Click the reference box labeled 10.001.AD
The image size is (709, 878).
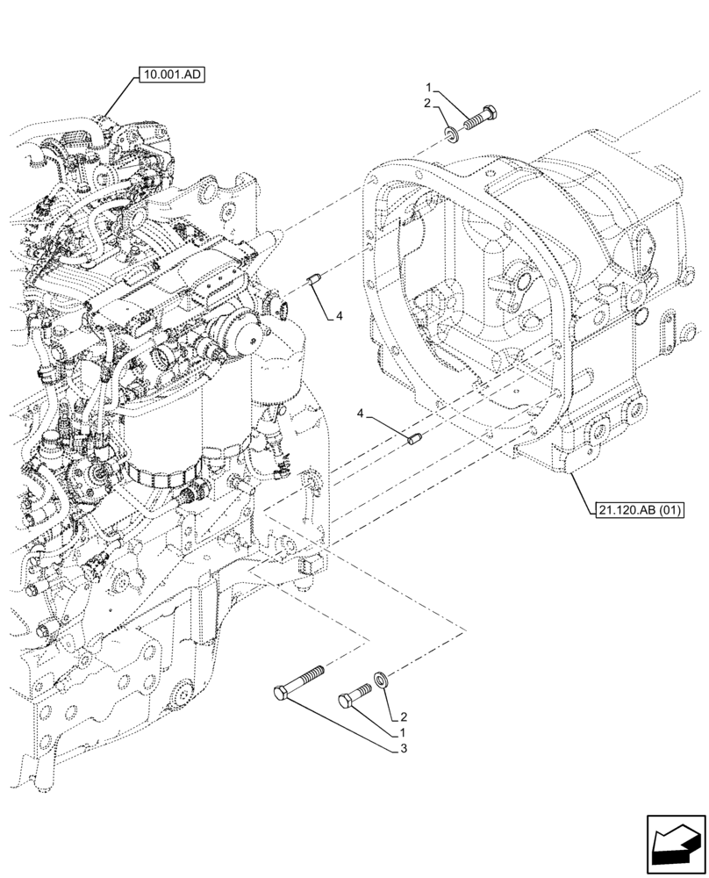[x=170, y=76]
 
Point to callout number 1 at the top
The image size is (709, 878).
[x=428, y=88]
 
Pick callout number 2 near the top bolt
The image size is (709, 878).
[x=428, y=104]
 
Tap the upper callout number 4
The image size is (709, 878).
[x=338, y=317]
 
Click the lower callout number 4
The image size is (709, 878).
[x=361, y=413]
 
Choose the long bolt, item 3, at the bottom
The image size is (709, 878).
[x=298, y=681]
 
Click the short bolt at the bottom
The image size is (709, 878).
[x=355, y=695]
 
